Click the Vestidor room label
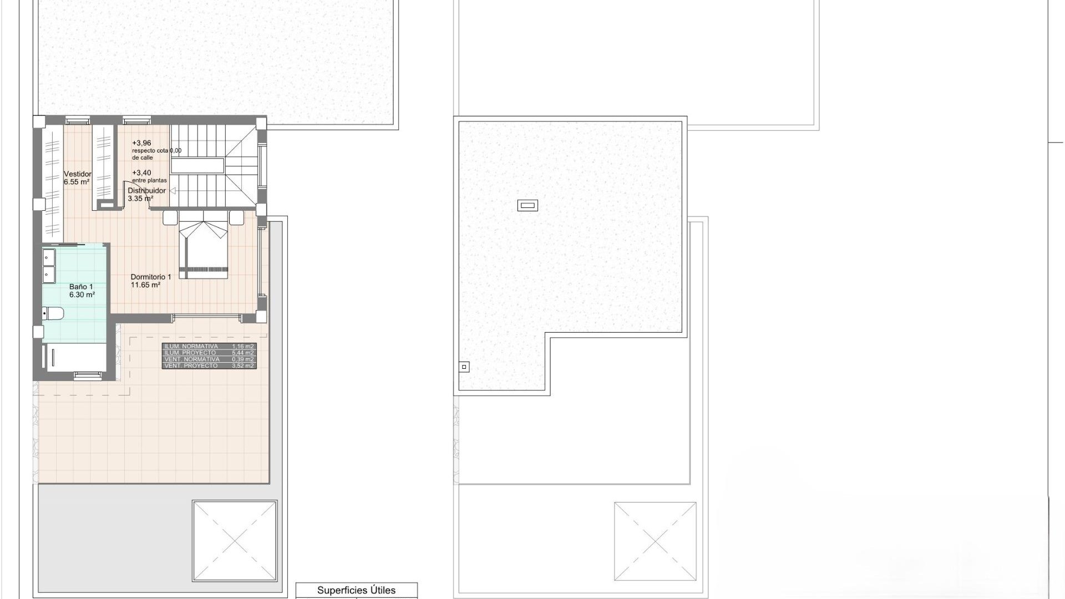pyautogui.click(x=77, y=174)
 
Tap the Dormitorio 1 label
pyautogui.click(x=150, y=277)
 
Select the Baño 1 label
pyautogui.click(x=81, y=287)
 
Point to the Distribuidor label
pyautogui.click(x=146, y=191)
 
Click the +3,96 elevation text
pyautogui.click(x=141, y=143)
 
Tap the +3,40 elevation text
pyautogui.click(x=141, y=173)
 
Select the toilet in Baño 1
pyautogui.click(x=53, y=314)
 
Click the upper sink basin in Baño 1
pyautogui.click(x=49, y=257)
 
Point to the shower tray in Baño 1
pyautogui.click(x=74, y=357)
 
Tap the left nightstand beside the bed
pyautogui.click(x=170, y=217)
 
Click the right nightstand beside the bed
pyautogui.click(x=237, y=217)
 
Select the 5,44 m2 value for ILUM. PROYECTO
pyautogui.click(x=243, y=353)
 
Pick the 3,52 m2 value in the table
pyautogui.click(x=243, y=366)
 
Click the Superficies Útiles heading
pyautogui.click(x=356, y=590)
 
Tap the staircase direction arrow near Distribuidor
pyautogui.click(x=173, y=191)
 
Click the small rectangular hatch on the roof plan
pyautogui.click(x=528, y=206)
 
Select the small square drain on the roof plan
pyautogui.click(x=464, y=367)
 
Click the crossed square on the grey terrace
pyautogui.click(x=235, y=541)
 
